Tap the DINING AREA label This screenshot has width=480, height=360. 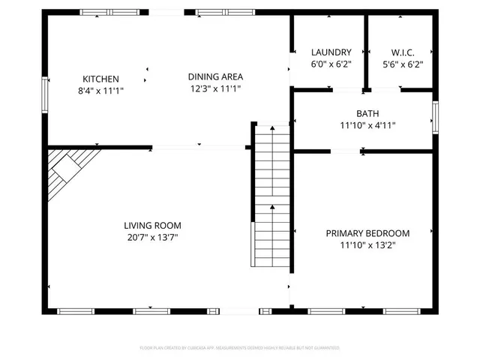[x=215, y=76]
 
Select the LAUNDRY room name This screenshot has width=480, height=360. [x=331, y=52]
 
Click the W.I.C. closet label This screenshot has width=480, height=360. [x=403, y=52]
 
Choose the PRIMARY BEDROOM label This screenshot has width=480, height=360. [x=367, y=233]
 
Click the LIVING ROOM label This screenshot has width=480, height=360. [x=152, y=225]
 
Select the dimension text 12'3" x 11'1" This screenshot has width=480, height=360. [x=215, y=88]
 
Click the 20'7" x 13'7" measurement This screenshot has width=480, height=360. [x=152, y=238]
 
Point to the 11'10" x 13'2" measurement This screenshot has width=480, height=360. [x=367, y=245]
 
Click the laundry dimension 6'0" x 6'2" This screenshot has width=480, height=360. [x=331, y=64]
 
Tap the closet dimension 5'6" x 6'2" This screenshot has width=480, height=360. [x=403, y=64]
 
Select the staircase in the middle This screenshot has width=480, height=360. [x=270, y=196]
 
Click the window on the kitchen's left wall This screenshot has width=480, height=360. [x=45, y=95]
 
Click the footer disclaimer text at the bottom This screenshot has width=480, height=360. [x=240, y=348]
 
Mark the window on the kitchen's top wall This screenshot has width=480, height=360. [x=110, y=12]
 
